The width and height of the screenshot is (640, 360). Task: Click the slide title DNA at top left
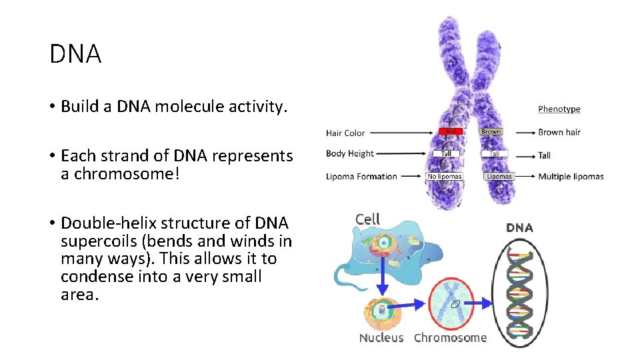75,54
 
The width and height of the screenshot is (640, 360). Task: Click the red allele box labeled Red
451,132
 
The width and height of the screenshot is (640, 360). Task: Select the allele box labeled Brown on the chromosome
491,132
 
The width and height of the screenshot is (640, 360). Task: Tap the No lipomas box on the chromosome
444,177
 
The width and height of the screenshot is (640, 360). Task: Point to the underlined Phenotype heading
559,109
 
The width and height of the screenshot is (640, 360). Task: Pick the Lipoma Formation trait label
361,177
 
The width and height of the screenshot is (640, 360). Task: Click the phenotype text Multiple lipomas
571,177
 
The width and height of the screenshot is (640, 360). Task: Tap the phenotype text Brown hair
559,133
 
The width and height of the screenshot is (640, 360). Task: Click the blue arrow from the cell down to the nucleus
382,280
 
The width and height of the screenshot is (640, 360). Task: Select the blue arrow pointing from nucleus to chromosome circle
414,305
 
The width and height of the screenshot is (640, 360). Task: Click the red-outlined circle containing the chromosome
452,303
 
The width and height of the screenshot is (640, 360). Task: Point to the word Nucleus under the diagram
381,338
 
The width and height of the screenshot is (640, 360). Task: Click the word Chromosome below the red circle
450,338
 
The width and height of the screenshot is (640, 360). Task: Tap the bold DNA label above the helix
519,228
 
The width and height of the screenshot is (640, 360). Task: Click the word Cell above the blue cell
367,219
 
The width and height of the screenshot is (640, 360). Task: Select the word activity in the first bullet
257,107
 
